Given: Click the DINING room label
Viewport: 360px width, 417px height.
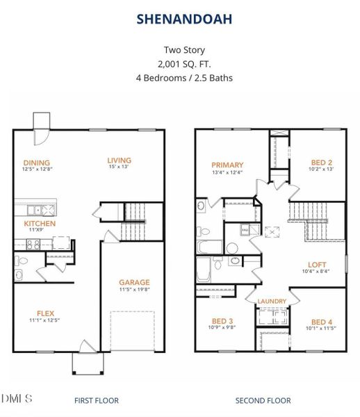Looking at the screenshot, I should coord(36,162).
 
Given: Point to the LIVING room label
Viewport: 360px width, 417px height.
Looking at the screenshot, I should coord(119,160).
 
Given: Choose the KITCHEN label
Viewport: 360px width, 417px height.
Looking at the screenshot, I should coord(40,224).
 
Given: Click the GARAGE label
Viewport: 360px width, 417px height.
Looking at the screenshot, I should coord(134,282).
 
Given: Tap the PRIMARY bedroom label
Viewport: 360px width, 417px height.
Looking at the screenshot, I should coord(227,165).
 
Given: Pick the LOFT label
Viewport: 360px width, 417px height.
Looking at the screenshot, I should coord(318,265).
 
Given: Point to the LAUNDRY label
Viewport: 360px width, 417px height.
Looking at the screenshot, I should coord(272,301).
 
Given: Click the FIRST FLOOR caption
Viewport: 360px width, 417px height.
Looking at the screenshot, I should coord(96,400).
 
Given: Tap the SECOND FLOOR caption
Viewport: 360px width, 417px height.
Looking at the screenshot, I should coord(263,400).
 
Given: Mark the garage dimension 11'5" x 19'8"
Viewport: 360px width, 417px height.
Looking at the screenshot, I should coord(134,291).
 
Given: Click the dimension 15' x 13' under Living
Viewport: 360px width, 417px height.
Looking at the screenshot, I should coord(119,167).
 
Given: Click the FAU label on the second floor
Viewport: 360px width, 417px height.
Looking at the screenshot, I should coord(245,229).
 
